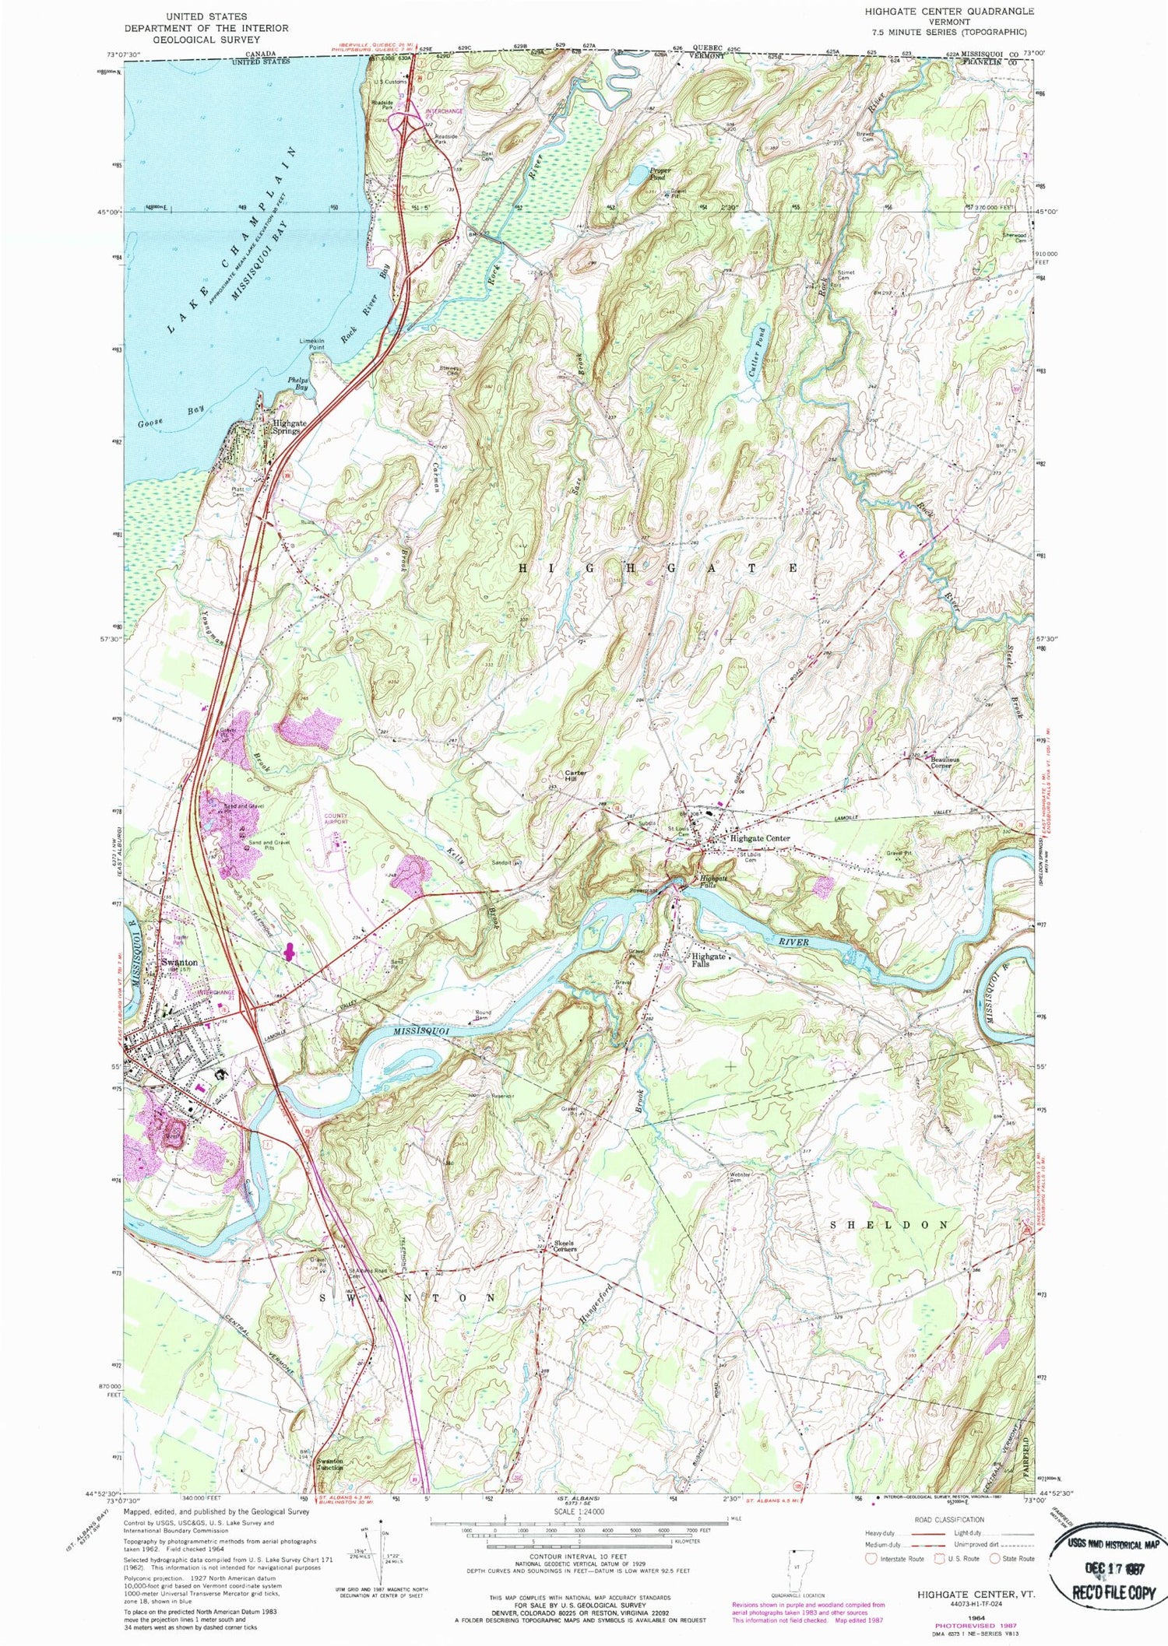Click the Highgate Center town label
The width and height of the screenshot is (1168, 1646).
coord(759,838)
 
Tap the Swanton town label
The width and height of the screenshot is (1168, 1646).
coord(178,963)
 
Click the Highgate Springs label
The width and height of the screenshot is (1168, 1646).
coord(289,426)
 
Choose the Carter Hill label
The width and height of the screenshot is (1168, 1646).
coord(575,776)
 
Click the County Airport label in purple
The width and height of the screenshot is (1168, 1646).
coord(336,819)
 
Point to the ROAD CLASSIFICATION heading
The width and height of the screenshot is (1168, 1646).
coord(940,1518)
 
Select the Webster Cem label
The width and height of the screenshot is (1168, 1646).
coord(740,1177)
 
